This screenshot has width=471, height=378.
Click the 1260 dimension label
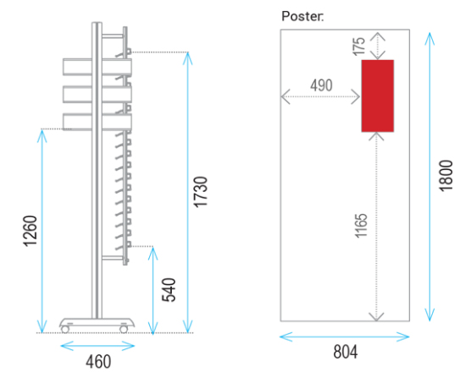[30, 231]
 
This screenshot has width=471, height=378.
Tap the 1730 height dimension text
[201, 192]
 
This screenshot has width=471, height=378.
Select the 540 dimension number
[169, 290]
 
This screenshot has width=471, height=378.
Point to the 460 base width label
[98, 362]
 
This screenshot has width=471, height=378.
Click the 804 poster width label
[346, 352]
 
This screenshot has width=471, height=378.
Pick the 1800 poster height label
[446, 176]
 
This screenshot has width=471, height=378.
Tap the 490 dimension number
[321, 85]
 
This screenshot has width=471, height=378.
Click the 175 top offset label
[359, 47]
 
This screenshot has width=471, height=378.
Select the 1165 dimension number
[361, 226]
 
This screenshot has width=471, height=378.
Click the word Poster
[302, 16]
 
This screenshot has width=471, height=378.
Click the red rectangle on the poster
[378, 96]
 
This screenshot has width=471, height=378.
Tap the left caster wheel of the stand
[65, 329]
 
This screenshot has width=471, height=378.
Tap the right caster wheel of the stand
[124, 329]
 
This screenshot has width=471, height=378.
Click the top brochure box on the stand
[97, 67]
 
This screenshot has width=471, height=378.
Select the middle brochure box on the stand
[97, 95]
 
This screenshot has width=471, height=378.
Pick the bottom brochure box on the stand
[97, 122]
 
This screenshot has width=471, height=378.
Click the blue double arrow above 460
[97, 346]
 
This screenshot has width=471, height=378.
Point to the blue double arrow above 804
[345, 337]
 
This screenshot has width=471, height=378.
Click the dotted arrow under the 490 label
[320, 96]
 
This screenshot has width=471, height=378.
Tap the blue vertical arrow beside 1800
[429, 177]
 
